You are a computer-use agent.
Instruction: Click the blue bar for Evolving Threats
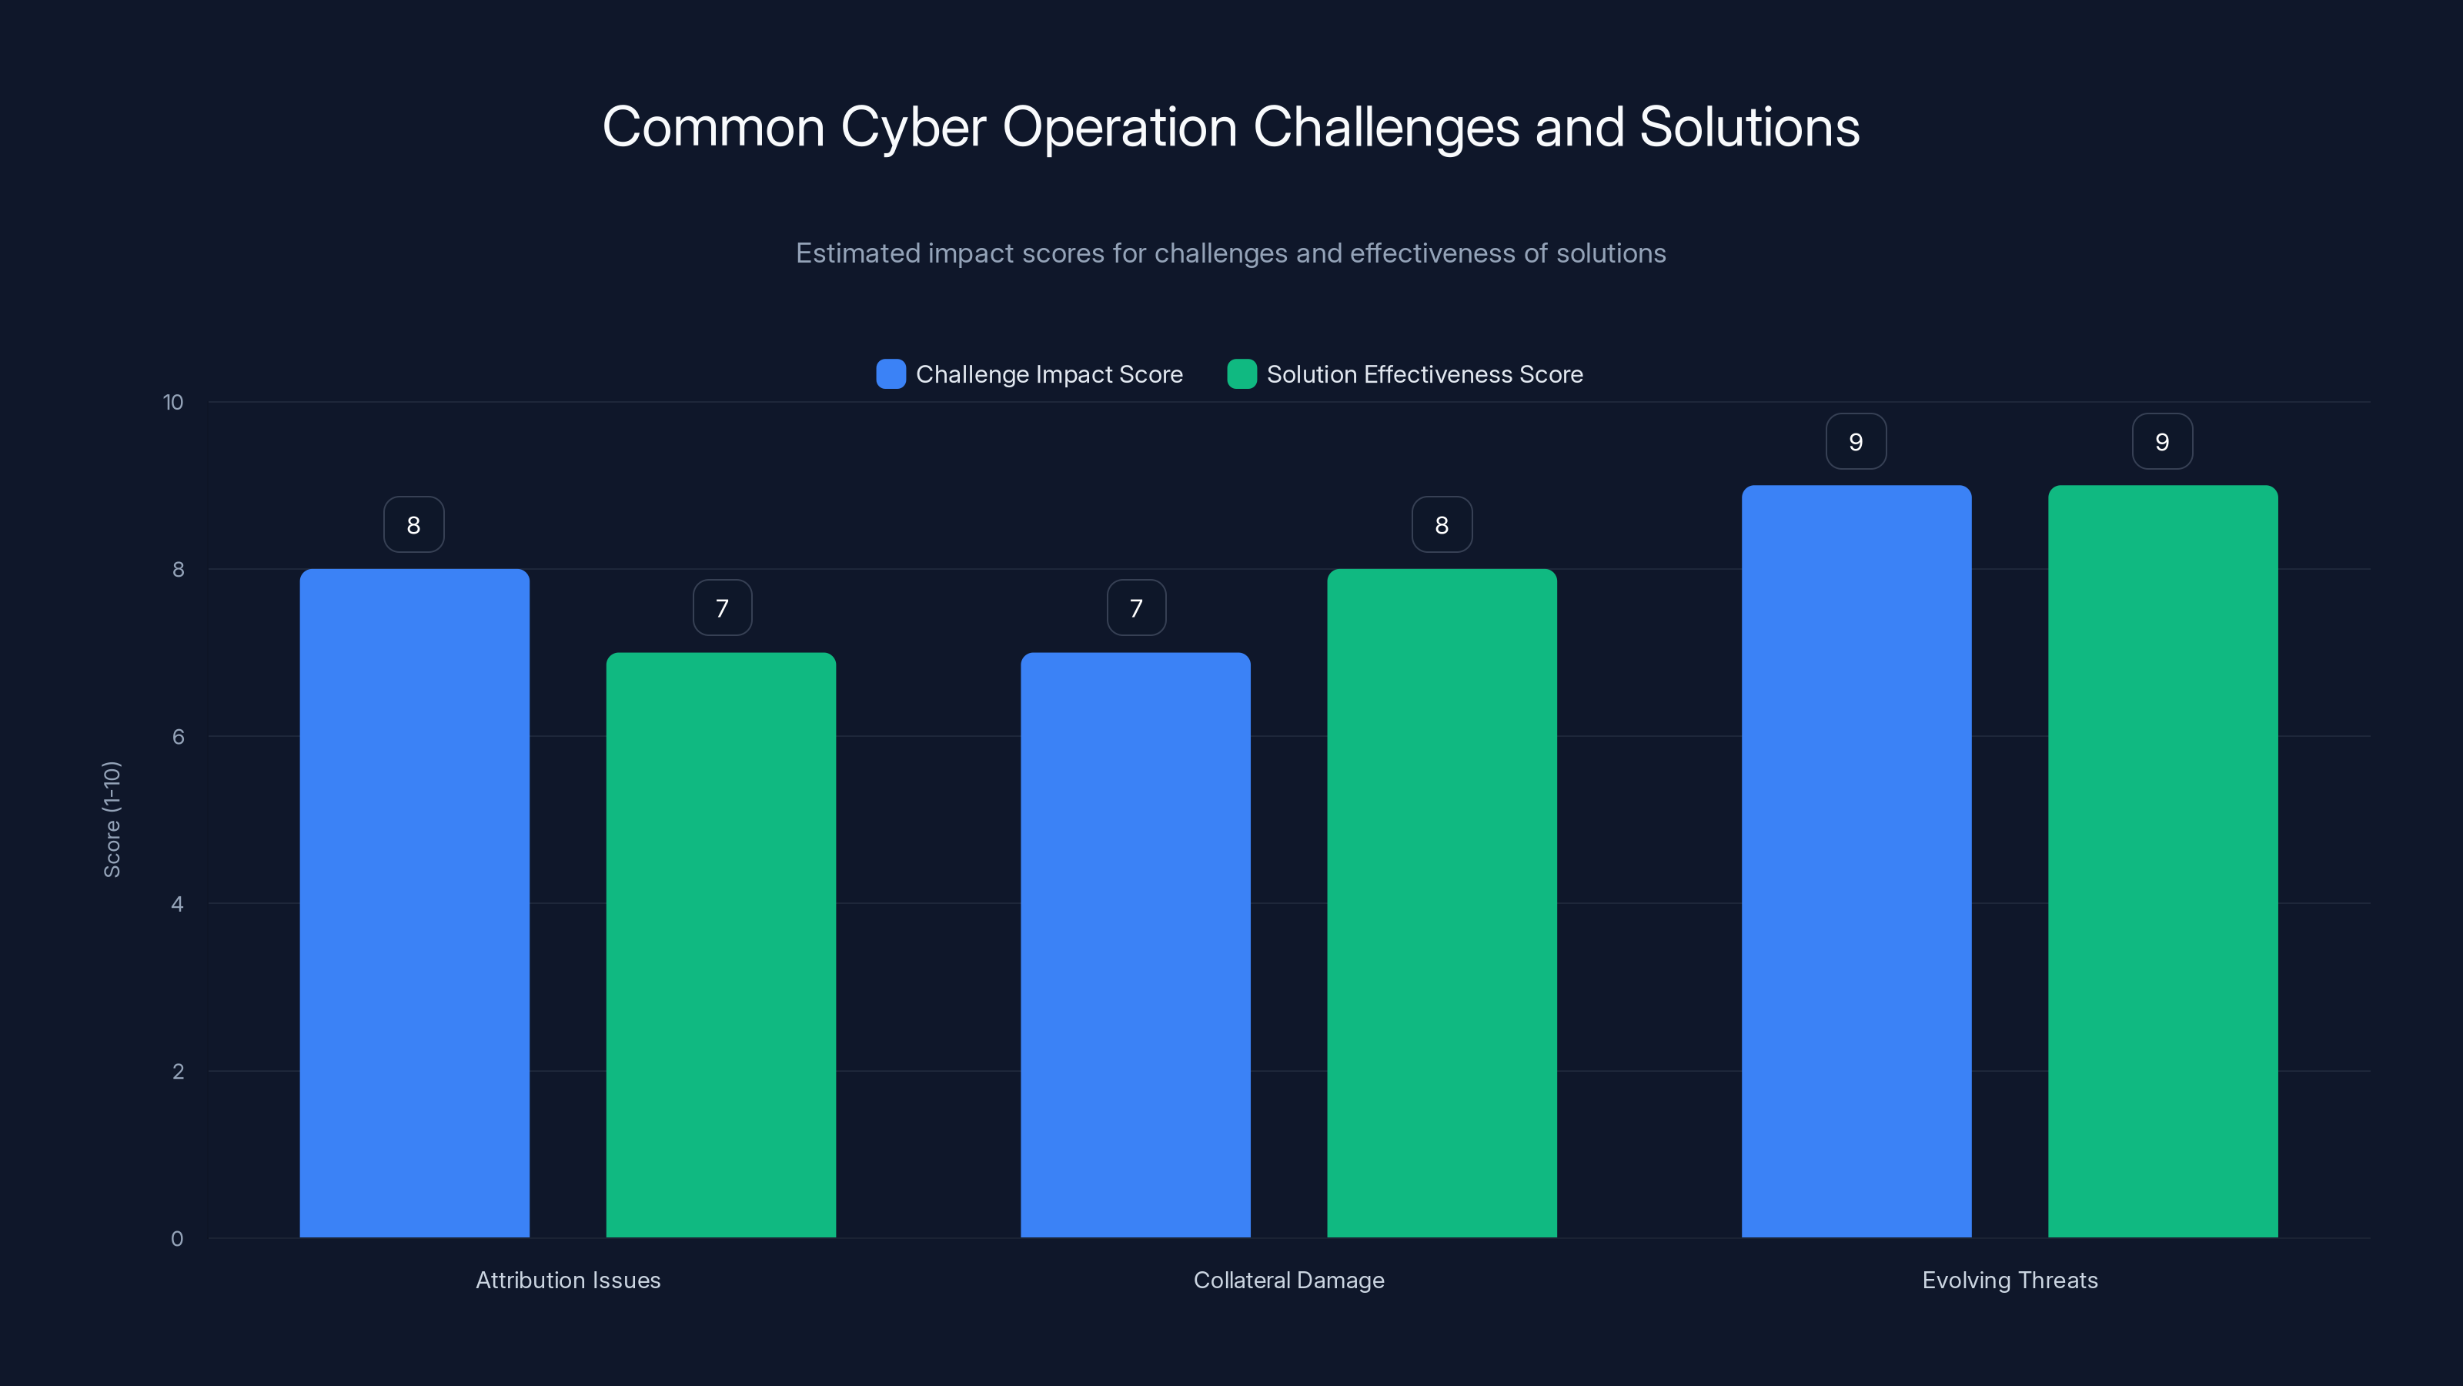(x=1856, y=861)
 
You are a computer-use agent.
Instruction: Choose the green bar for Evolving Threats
(x=2163, y=861)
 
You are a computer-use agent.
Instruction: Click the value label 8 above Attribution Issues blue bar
(x=414, y=524)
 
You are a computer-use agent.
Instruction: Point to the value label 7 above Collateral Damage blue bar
(x=1136, y=608)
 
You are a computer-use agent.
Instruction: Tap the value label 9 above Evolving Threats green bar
(x=2162, y=441)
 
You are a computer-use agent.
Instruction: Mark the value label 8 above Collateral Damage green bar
(x=1442, y=524)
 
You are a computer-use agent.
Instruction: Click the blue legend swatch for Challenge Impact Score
(x=891, y=374)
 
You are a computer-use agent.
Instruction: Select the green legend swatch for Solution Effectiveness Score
(x=1241, y=374)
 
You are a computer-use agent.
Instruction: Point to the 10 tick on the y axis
(x=173, y=402)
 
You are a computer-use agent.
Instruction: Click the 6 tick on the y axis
(x=178, y=737)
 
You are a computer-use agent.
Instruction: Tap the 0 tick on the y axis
(x=177, y=1239)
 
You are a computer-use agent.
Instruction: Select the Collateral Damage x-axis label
(x=1288, y=1280)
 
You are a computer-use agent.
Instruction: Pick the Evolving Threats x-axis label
(x=2010, y=1280)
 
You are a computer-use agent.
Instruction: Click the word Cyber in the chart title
(x=912, y=127)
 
